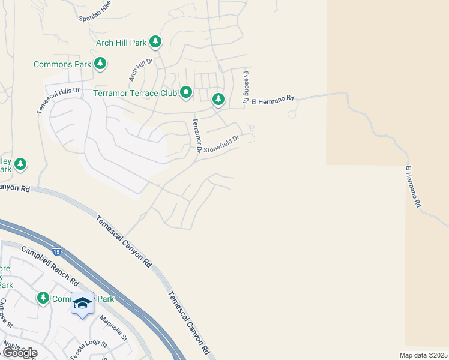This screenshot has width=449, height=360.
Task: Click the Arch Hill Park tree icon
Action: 156,42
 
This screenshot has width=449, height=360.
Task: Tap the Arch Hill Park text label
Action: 121,43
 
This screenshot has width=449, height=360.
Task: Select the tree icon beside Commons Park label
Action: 101,63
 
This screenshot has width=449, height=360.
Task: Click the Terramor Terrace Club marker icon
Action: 186,92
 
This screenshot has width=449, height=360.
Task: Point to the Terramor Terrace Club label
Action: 135,93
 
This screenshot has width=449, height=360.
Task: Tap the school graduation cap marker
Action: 82,302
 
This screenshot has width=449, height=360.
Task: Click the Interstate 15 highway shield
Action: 56,253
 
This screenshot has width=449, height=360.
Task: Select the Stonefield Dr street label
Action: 221,143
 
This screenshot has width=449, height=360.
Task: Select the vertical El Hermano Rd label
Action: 413,187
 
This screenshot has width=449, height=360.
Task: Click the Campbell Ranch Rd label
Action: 50,266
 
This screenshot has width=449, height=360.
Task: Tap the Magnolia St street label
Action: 114,328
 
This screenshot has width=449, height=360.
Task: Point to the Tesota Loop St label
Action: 88,350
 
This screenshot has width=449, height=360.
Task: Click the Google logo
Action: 20,352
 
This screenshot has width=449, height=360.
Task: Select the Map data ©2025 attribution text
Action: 423,355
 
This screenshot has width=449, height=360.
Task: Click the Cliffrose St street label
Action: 7,313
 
